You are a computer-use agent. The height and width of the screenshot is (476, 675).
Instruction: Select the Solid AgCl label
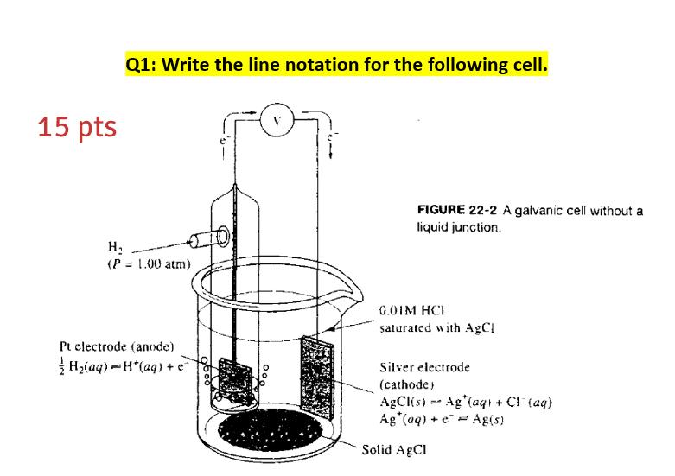pos(394,449)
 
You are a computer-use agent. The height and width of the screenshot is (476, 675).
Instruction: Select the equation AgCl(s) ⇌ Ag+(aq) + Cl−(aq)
pos(466,402)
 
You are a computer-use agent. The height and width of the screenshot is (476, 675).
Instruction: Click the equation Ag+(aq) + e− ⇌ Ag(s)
pos(441,417)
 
